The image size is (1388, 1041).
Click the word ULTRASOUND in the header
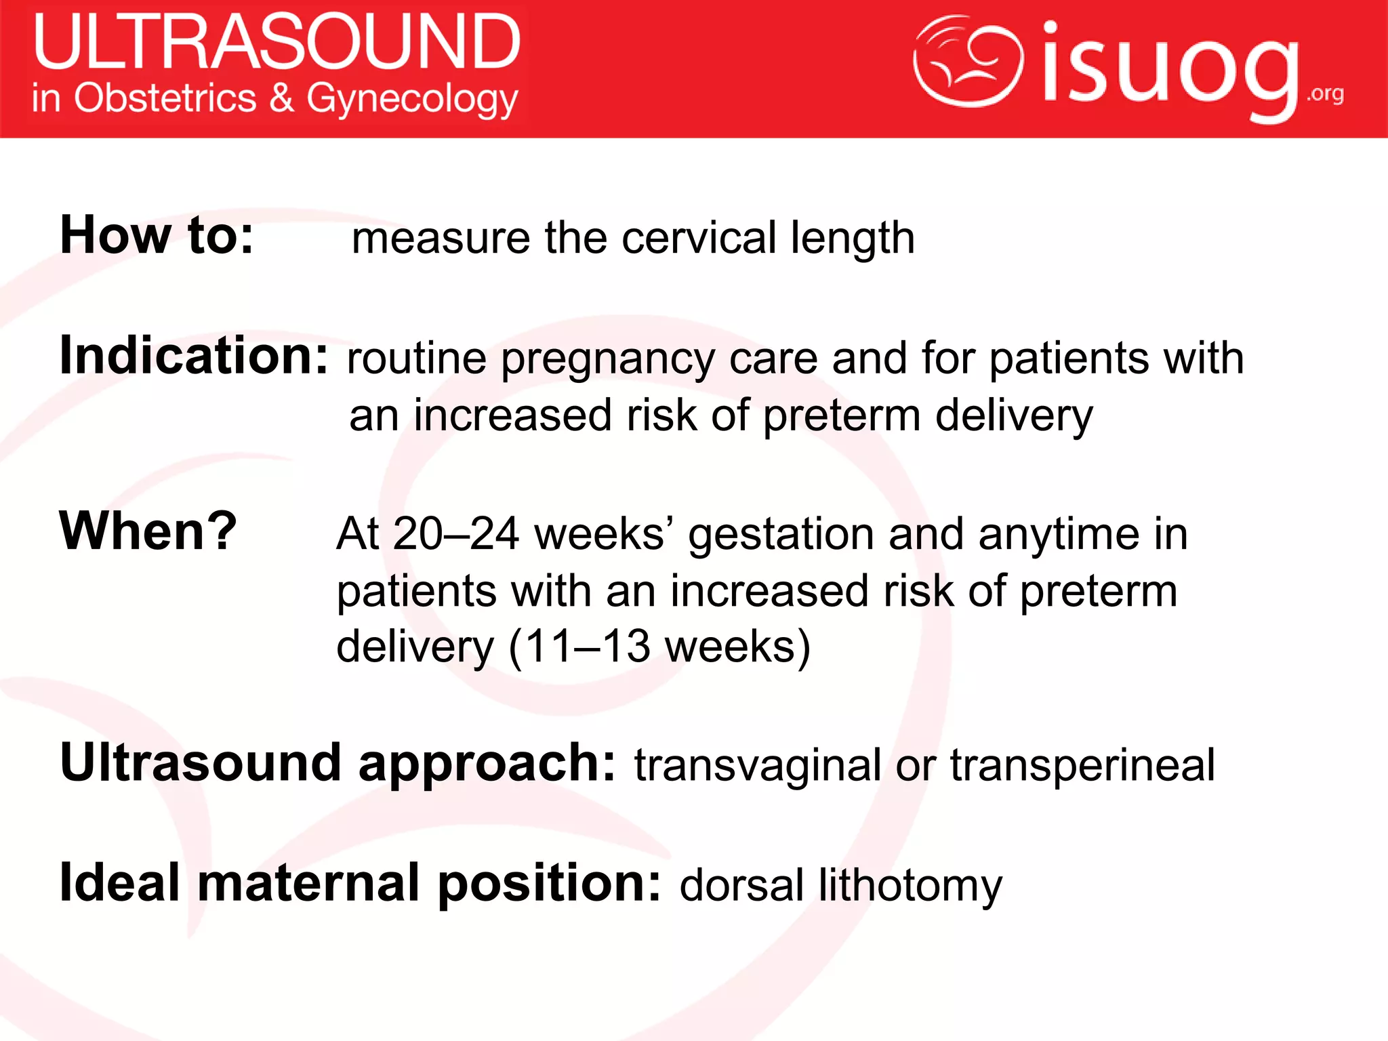tap(277, 42)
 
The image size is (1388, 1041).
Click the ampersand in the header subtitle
tap(281, 98)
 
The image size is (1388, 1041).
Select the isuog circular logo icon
tap(968, 62)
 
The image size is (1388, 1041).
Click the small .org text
tap(1325, 94)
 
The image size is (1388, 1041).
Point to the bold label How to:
tap(157, 235)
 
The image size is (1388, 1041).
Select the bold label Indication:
tap(194, 355)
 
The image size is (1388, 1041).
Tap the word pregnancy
tap(607, 360)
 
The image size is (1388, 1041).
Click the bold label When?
tap(148, 531)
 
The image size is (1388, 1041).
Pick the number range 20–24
tap(455, 534)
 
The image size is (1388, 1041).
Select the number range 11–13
tap(587, 647)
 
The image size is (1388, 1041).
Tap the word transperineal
tap(1082, 766)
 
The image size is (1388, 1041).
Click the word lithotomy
tap(910, 886)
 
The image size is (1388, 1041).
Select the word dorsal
tap(741, 885)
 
